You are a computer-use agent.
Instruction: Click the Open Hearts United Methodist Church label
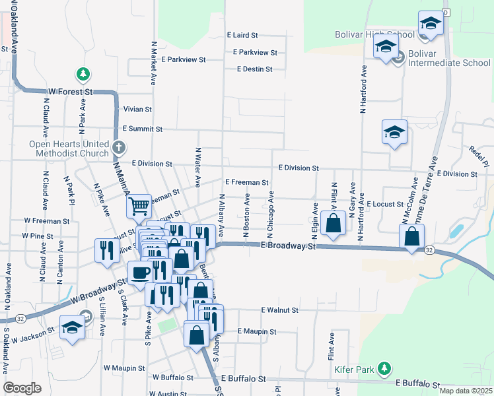coord(69,149)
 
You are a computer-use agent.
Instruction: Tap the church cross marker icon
coord(118,147)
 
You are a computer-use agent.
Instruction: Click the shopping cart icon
coord(139,207)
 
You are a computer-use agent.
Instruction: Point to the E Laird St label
coord(242,35)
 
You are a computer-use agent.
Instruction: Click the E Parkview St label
coord(255,52)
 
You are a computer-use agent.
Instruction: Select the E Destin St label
coord(255,69)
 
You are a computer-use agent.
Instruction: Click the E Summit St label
coord(142,129)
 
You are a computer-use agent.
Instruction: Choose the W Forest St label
coord(69,92)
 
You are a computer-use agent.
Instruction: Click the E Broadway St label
coord(289,246)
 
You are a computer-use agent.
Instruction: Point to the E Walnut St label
coord(280,310)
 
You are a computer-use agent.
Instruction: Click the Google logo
coord(22,388)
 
